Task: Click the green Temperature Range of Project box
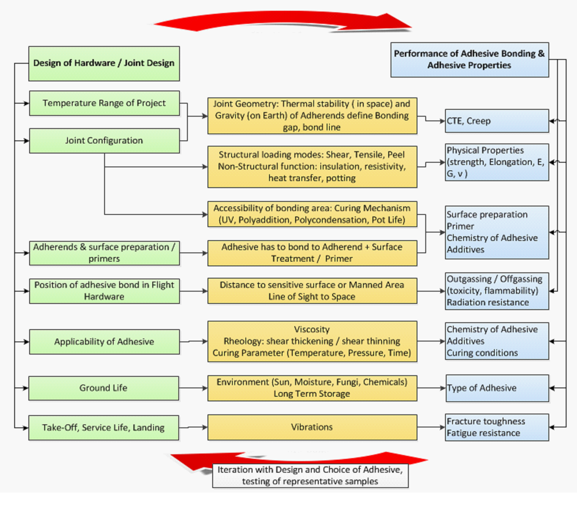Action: [104, 103]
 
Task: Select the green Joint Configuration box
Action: [104, 141]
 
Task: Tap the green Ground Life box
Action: [104, 388]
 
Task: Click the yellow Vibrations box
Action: [312, 427]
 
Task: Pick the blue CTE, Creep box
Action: [497, 121]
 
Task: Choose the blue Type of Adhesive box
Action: [497, 388]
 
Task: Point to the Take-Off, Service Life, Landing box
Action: [104, 427]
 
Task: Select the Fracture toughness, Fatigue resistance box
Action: [497, 427]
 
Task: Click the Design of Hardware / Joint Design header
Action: [104, 63]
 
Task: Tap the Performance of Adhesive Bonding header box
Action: [469, 60]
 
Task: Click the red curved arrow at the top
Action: [282, 21]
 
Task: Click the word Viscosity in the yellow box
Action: [312, 329]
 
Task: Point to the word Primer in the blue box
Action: [460, 226]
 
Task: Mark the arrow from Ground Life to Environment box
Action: [193, 388]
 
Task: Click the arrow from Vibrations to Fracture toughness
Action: [431, 427]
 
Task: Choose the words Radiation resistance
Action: [488, 302]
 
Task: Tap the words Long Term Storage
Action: [312, 394]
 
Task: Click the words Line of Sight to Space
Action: [312, 297]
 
